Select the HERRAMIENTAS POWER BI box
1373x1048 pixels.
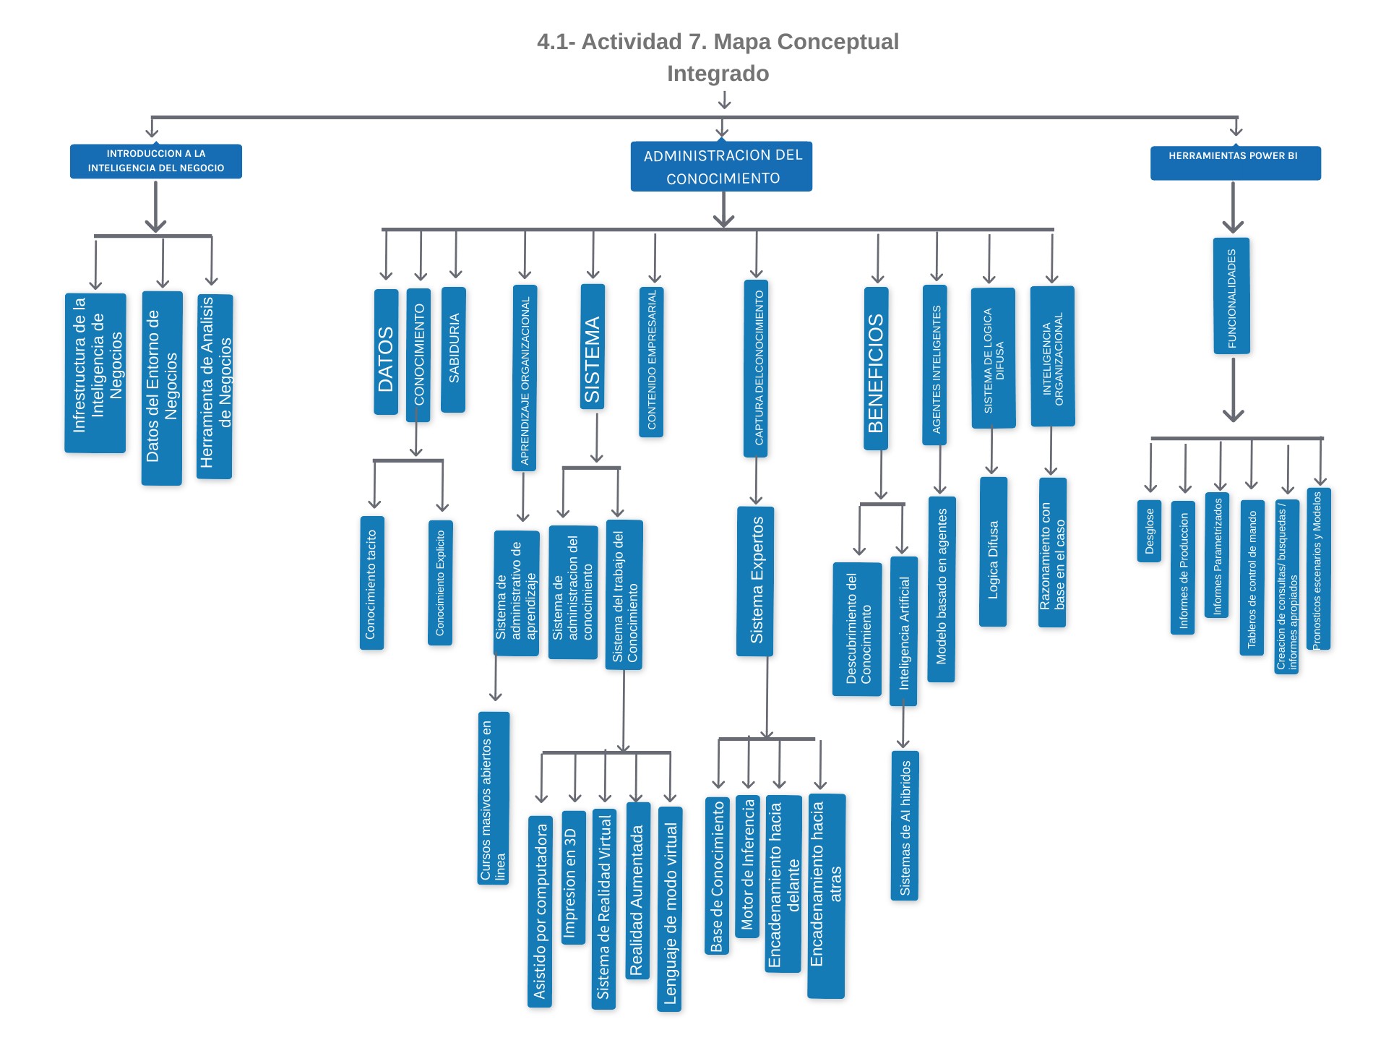[x=1235, y=163]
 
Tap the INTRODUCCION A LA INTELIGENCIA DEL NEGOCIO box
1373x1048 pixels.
[x=156, y=160]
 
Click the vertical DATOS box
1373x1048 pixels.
[x=386, y=352]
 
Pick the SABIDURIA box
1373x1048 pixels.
[x=453, y=349]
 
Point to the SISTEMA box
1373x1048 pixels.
[x=593, y=347]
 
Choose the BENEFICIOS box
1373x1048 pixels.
[x=876, y=369]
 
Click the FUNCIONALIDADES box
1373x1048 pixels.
[x=1231, y=296]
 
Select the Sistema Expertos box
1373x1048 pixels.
[x=755, y=581]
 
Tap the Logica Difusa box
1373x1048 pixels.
[x=993, y=551]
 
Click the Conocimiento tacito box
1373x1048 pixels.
[x=371, y=583]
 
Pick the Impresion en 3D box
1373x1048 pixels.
[x=573, y=877]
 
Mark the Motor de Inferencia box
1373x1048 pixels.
[x=747, y=867]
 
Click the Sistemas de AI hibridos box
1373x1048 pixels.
[x=905, y=825]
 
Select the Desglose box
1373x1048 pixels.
[x=1149, y=531]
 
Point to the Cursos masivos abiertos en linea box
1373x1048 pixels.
[x=494, y=798]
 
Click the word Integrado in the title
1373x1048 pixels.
[x=718, y=74]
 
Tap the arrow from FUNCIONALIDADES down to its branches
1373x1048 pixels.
[x=1233, y=390]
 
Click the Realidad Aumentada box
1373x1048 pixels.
[x=637, y=901]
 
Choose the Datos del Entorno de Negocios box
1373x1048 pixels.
[x=162, y=388]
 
